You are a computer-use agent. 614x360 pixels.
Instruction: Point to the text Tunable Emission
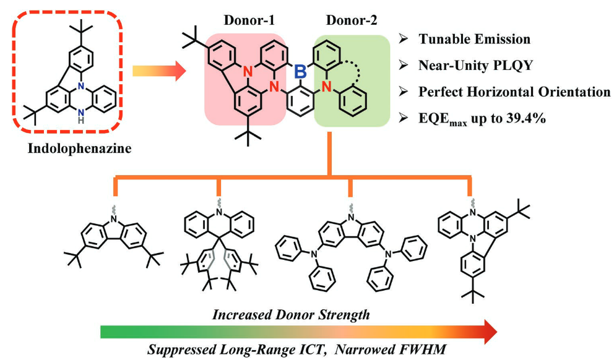pos(474,39)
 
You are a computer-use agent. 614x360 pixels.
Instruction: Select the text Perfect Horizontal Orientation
pos(514,92)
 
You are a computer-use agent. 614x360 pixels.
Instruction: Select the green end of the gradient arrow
pos(111,332)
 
